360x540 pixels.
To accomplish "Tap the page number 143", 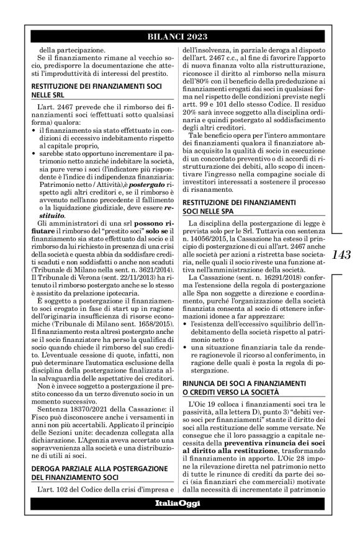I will click(342, 255).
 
